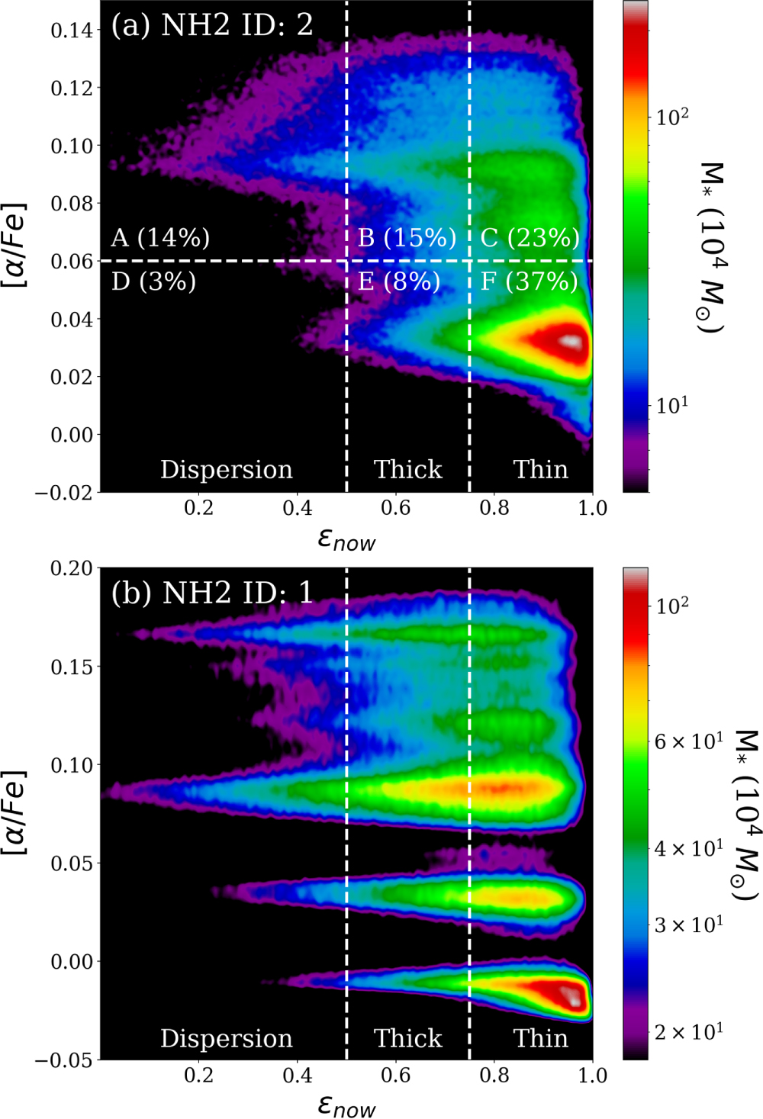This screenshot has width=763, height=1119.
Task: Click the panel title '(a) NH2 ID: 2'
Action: click(211, 25)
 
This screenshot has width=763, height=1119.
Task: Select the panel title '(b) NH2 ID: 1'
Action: click(211, 593)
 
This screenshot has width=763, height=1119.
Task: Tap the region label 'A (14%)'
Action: click(160, 238)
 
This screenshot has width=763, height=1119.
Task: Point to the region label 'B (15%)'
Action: click(407, 238)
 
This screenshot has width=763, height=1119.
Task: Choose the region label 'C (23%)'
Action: click(530, 238)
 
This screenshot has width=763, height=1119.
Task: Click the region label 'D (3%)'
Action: click(153, 282)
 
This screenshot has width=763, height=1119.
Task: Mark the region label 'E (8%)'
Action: click(399, 282)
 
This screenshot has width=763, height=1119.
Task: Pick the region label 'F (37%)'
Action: click(530, 282)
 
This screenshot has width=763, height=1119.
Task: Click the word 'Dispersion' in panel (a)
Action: click(226, 469)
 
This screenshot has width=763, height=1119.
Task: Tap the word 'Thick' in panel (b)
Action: click(407, 1038)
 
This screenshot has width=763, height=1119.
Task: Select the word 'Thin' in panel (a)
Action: click(540, 469)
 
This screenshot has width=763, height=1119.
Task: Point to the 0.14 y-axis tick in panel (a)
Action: click(72, 31)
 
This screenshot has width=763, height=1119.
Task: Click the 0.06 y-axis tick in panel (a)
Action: click(72, 262)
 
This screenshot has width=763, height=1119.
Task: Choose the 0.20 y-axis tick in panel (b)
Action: click(72, 568)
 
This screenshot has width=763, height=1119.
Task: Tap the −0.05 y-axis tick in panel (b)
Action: click(64, 1060)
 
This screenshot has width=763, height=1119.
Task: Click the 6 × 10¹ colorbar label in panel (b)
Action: click(688, 741)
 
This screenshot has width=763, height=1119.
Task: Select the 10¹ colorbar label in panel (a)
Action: click(672, 404)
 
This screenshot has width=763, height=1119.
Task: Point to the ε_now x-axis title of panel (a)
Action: click(346, 540)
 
